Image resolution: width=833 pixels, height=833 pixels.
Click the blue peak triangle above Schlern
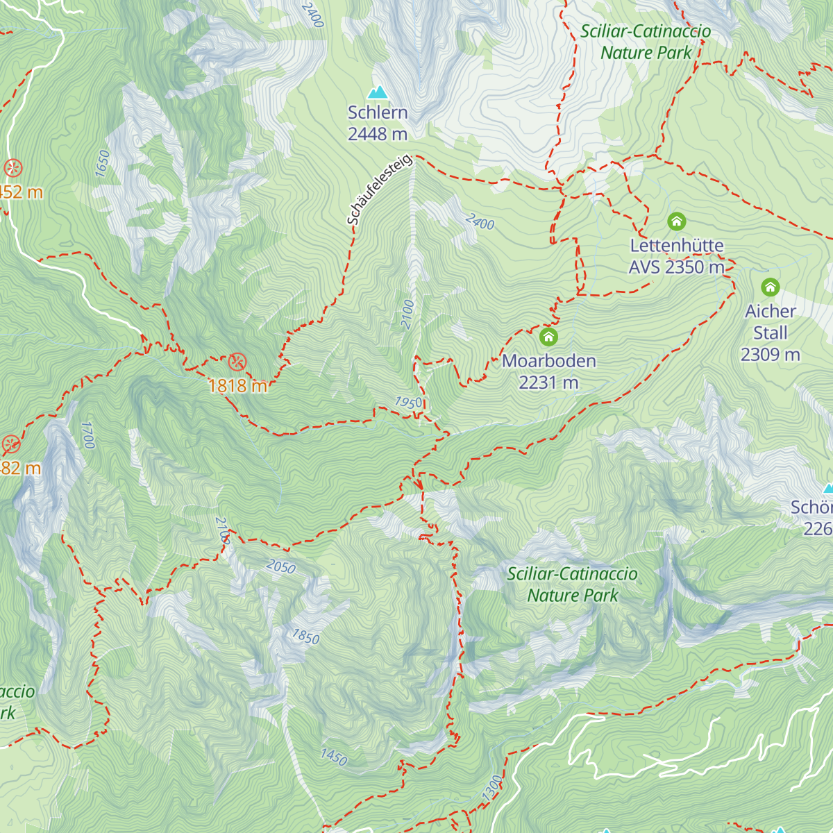click(x=378, y=92)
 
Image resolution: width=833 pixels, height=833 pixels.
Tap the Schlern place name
click(x=378, y=112)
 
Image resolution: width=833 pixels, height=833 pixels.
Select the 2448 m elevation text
click(x=378, y=134)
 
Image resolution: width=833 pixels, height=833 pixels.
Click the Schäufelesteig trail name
click(x=380, y=190)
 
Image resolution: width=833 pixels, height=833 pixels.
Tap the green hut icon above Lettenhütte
click(x=676, y=221)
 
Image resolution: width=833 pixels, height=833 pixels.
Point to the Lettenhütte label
click(x=676, y=246)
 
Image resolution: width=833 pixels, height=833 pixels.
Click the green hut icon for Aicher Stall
click(x=770, y=287)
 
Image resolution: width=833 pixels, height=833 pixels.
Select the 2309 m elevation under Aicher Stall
click(x=770, y=355)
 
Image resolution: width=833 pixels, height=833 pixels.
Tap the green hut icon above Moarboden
click(x=548, y=337)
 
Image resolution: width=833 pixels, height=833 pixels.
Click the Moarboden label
click(x=548, y=361)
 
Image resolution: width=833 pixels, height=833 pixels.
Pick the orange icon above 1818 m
click(x=237, y=361)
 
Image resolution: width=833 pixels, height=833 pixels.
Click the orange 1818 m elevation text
click(x=237, y=386)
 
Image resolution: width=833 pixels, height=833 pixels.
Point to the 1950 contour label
click(x=409, y=403)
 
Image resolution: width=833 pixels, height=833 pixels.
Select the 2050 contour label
click(x=280, y=567)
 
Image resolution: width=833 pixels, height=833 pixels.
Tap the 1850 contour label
click(x=305, y=637)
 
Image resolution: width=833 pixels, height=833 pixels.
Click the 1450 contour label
click(x=333, y=757)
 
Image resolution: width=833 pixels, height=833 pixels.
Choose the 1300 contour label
click(x=491, y=789)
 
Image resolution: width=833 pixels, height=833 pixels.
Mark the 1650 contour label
click(x=103, y=163)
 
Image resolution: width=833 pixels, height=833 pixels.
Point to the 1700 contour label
click(x=87, y=435)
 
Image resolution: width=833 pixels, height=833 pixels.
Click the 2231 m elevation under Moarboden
click(x=548, y=382)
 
